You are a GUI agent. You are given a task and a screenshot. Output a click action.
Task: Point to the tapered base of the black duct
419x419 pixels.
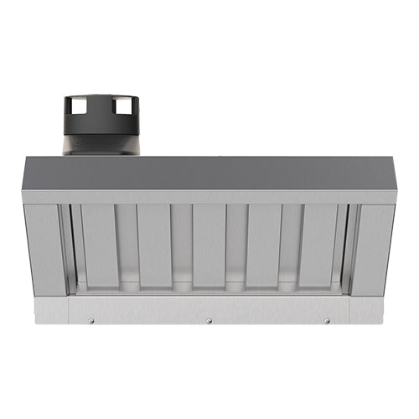pyautogui.click(x=99, y=142)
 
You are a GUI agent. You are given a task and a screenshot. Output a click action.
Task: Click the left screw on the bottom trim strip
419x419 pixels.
pyautogui.click(x=91, y=320)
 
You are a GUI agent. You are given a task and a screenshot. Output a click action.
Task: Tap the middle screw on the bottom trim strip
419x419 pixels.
pyautogui.click(x=209, y=320)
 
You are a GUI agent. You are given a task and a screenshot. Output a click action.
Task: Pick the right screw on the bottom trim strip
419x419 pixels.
pyautogui.click(x=327, y=320)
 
